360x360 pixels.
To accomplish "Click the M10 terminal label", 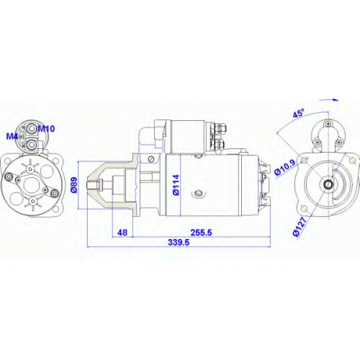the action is click(x=47, y=129).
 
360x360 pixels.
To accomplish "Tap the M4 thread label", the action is click(x=12, y=137).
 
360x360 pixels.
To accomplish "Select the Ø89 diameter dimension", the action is click(x=74, y=185).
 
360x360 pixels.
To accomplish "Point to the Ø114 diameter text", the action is click(x=176, y=185).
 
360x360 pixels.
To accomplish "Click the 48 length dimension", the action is click(x=122, y=233).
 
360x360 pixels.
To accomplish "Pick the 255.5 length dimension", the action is click(x=202, y=233).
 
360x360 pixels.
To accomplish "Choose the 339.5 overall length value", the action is click(x=179, y=243).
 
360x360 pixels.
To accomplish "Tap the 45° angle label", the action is click(x=299, y=113).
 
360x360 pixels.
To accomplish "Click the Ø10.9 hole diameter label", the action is click(x=285, y=168).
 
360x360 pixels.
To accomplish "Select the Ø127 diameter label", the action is click(x=300, y=227).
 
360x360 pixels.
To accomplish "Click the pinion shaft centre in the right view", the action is click(x=328, y=184).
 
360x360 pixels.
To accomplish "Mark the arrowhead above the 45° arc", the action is click(x=336, y=99).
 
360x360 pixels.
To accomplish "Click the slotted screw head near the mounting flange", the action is click(x=151, y=159).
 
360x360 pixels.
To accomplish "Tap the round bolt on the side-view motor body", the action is click(x=199, y=193).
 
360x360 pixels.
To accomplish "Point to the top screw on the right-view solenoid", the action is click(x=328, y=124).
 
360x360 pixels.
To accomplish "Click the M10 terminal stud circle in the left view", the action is click(x=32, y=130).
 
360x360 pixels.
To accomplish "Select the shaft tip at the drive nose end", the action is click(x=87, y=185).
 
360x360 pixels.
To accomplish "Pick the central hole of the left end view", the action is click(x=31, y=185).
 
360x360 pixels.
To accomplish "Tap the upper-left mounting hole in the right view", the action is click(x=305, y=160).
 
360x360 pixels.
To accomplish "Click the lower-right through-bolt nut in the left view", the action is click(x=55, y=193).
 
